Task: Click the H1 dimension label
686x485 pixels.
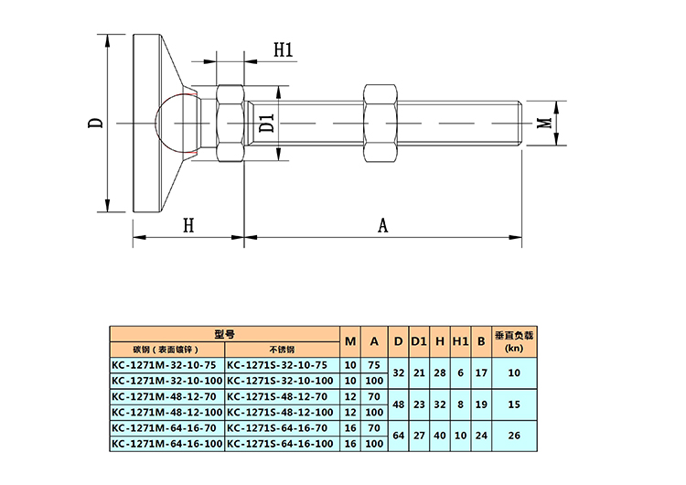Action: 283,49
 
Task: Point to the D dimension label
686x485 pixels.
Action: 96,122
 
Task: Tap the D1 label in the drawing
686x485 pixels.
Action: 266,123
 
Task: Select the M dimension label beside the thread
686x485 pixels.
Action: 545,123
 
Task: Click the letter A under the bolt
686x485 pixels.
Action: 383,225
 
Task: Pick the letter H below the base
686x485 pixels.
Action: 188,225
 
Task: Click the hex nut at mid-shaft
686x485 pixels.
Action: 380,123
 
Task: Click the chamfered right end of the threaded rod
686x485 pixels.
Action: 520,123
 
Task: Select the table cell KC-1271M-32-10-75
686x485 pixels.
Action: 166,365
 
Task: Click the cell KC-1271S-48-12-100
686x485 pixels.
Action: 283,413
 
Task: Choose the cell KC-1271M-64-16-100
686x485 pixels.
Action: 166,444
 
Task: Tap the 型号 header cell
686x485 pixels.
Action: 225,334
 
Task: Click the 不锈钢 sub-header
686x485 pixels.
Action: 283,350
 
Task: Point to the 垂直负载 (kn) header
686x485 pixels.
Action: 514,342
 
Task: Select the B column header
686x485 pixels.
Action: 481,341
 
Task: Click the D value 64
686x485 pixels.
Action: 398,436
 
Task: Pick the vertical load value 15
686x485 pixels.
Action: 514,404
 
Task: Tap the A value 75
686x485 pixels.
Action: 374,365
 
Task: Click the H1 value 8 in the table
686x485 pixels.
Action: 460,404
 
